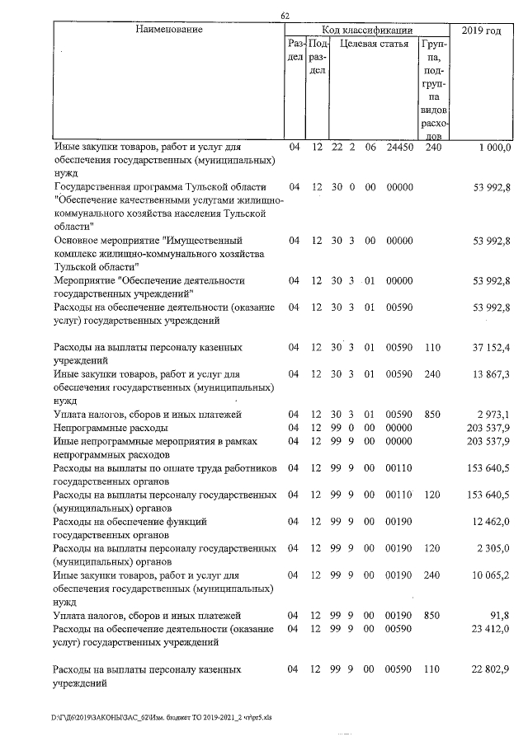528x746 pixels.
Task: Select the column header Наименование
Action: (x=169, y=30)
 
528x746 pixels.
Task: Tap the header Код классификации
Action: (x=366, y=30)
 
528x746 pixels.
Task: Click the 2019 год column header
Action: (x=481, y=30)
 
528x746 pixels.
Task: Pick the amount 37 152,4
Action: (x=491, y=348)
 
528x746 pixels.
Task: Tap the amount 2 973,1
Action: (x=493, y=414)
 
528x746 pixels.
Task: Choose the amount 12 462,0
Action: (x=491, y=522)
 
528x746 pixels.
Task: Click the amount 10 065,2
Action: (x=491, y=574)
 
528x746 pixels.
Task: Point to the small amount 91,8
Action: (x=500, y=615)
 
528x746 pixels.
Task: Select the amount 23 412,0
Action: (x=491, y=629)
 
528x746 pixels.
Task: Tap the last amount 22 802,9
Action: (x=491, y=669)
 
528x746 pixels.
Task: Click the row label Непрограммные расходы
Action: (x=110, y=428)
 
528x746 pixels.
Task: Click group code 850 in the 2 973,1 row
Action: (x=433, y=414)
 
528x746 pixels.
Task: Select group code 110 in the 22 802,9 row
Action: (x=433, y=669)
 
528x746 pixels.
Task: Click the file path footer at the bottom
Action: (x=162, y=717)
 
